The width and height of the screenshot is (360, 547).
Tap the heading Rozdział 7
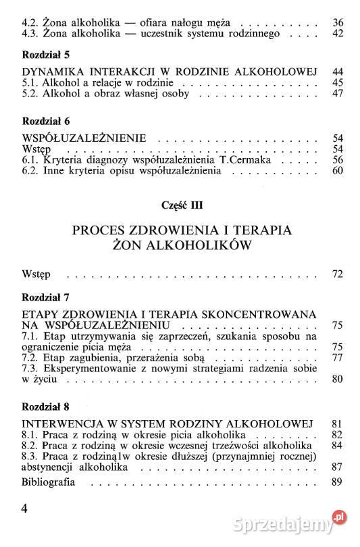click(x=46, y=297)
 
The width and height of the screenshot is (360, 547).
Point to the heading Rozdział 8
click(x=46, y=407)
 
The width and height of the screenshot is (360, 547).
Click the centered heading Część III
click(x=180, y=204)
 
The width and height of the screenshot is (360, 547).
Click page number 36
click(x=338, y=22)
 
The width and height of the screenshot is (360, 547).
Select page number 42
click(x=338, y=33)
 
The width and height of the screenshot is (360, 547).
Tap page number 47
click(x=338, y=94)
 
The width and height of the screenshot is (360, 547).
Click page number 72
click(x=338, y=274)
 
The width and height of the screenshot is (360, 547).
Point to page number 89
click(x=338, y=483)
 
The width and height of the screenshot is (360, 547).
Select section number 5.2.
click(x=31, y=94)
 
